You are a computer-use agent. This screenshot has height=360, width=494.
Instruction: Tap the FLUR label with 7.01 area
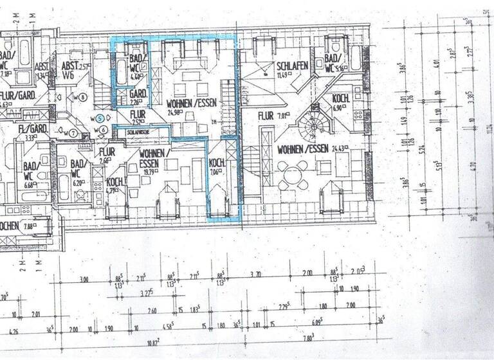pyautogui.click(x=266, y=116)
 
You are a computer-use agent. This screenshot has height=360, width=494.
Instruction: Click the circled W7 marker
pyautogui.click(x=73, y=133)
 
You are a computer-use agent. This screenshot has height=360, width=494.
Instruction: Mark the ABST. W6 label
pyautogui.click(x=69, y=70)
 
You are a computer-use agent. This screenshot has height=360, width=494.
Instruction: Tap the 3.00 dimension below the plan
pyautogui.click(x=84, y=280)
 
